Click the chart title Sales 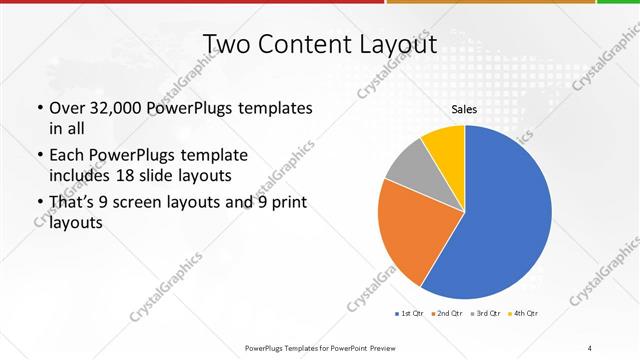pos(464,109)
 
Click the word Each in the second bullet pos(67,155)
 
